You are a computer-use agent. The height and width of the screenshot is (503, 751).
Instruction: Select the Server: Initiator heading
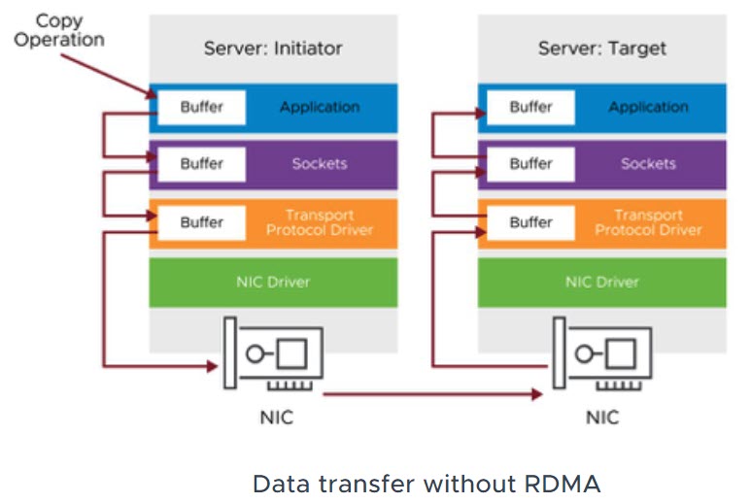(x=273, y=48)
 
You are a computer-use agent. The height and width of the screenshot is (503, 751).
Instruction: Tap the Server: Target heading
(x=601, y=48)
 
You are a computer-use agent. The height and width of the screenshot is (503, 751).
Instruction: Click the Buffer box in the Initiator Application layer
(x=202, y=108)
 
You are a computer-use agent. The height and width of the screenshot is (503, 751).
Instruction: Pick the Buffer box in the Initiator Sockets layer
(x=202, y=164)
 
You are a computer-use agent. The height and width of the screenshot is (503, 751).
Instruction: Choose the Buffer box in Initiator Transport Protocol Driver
(x=202, y=222)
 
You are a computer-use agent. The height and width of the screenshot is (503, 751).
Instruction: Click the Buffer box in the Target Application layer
(x=530, y=108)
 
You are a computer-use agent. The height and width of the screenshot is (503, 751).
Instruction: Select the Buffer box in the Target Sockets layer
(x=530, y=164)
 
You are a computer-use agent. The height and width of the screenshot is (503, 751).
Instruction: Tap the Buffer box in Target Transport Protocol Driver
(x=530, y=222)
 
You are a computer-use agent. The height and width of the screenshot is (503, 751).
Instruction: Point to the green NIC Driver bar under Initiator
(x=273, y=283)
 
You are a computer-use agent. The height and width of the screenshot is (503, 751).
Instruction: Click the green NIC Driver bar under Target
(x=601, y=283)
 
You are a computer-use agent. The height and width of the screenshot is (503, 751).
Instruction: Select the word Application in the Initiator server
(x=320, y=108)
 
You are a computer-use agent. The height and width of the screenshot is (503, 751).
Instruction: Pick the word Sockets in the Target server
(x=648, y=164)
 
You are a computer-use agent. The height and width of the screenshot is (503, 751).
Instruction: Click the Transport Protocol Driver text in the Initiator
(x=320, y=222)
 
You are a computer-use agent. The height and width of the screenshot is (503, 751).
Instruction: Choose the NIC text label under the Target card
(x=603, y=418)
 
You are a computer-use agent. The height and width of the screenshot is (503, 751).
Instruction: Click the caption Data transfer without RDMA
(x=427, y=483)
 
